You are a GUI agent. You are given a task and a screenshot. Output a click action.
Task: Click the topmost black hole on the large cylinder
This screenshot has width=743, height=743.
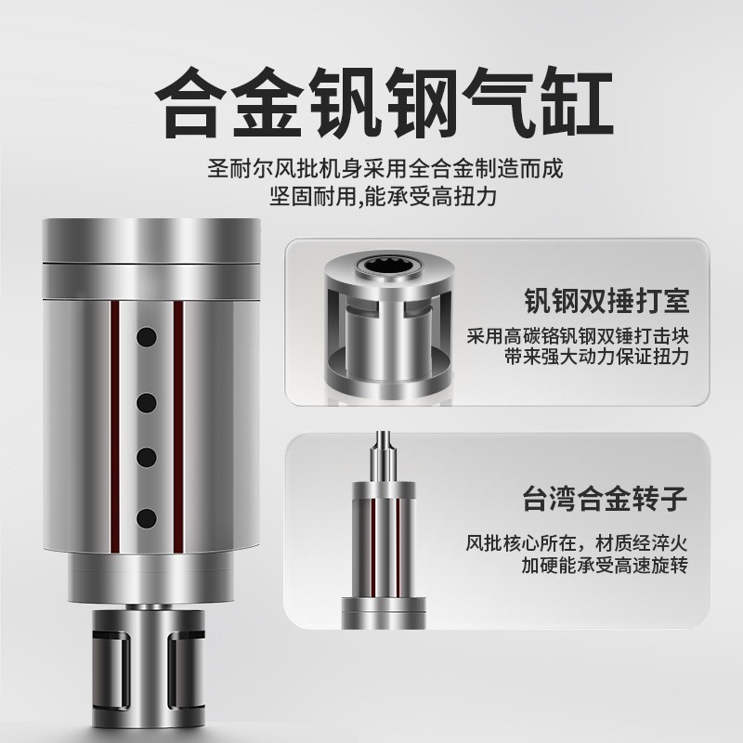click(146, 333)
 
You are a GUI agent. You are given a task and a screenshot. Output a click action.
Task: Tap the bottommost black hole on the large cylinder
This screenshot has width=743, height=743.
click(146, 515)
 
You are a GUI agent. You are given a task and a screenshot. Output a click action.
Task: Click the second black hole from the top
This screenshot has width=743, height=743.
click(146, 401)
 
